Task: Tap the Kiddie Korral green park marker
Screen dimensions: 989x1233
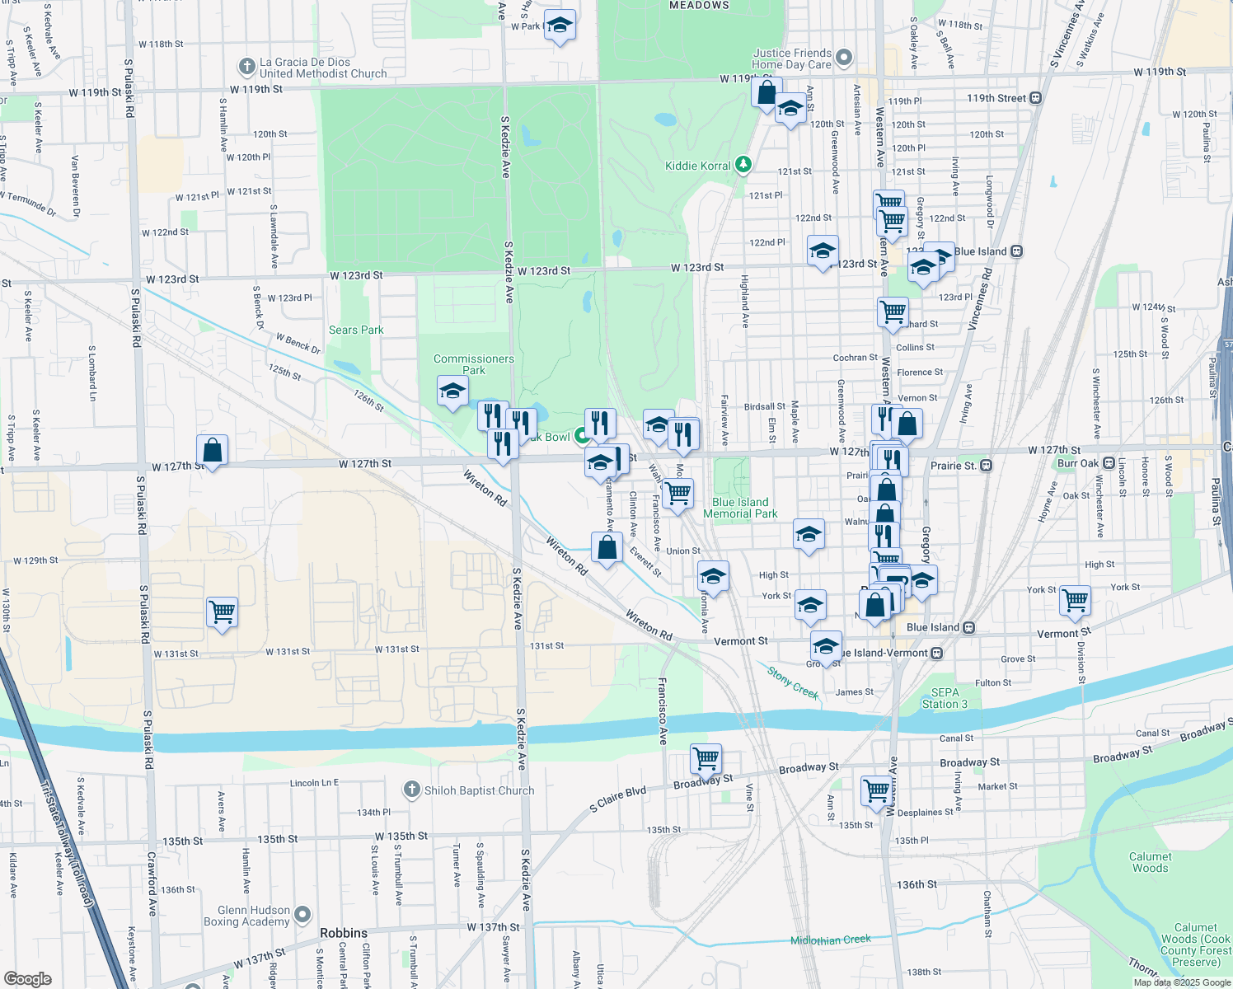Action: tap(743, 165)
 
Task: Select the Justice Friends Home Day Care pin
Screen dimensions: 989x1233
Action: tap(843, 58)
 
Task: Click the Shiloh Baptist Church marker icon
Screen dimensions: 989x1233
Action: tap(411, 790)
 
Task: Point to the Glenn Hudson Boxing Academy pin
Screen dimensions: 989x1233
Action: tap(302, 914)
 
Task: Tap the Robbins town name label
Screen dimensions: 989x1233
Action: tap(344, 933)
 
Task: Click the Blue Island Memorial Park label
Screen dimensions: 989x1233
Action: tap(740, 508)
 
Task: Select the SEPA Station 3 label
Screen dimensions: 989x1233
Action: tap(945, 698)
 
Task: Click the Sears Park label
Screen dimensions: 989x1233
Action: tap(356, 330)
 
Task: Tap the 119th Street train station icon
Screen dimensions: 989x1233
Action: tap(1036, 98)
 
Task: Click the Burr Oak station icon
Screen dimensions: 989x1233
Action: tap(1109, 463)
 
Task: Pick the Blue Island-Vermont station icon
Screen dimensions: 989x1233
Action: tap(936, 653)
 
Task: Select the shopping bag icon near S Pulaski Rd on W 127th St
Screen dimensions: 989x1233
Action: tap(212, 450)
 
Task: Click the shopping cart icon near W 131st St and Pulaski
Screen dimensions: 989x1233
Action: tap(222, 612)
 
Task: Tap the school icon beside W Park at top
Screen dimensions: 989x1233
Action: tap(560, 26)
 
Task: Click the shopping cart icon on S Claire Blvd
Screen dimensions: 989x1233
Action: tap(706, 758)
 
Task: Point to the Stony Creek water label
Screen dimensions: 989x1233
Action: tap(793, 682)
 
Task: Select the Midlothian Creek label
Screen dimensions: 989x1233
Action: tap(830, 940)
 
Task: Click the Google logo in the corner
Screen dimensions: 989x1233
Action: tap(27, 978)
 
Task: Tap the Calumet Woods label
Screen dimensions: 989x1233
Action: tap(1150, 862)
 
